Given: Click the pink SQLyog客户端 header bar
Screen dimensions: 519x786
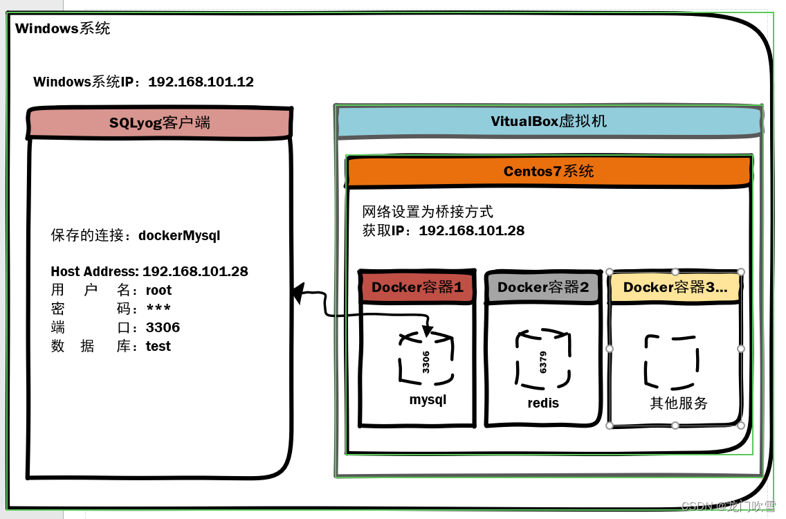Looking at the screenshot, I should point(160,123).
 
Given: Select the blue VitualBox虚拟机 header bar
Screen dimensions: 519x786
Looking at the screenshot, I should point(549,122).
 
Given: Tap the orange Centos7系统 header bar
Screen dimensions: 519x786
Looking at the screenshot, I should point(549,172).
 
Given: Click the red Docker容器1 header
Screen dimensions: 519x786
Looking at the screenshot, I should point(417,287).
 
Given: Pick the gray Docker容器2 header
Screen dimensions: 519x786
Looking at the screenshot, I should point(543,287).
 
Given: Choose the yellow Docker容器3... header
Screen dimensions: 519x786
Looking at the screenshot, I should point(675,287).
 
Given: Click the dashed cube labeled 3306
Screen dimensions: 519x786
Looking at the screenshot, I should point(426,358).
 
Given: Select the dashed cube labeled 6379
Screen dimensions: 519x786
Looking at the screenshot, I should point(543,360).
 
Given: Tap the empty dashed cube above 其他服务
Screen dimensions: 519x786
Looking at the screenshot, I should point(672,361).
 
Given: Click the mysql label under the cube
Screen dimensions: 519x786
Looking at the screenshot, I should point(428,400).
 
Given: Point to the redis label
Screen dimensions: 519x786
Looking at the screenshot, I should point(543,403).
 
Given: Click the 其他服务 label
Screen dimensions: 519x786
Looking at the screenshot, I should point(678,403).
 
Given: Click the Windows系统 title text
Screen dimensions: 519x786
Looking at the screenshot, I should point(62,29).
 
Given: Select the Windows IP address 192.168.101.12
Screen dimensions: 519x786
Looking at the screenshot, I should point(201,82).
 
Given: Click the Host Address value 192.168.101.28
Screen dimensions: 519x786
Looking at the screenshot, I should point(195,272).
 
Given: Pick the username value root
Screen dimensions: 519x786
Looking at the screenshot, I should point(158,291).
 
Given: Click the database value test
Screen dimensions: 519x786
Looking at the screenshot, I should point(158,347).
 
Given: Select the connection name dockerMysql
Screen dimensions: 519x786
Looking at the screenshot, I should point(179,235).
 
